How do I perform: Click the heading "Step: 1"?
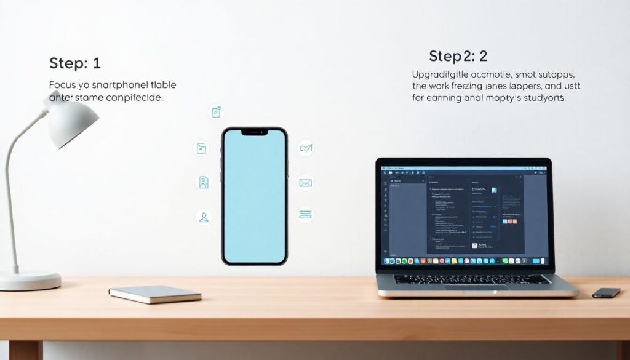click(x=74, y=63)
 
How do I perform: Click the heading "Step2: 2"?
click(x=458, y=57)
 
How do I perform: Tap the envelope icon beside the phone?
click(x=306, y=183)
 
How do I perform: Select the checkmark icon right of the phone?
click(x=306, y=148)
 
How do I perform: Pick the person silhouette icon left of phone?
click(x=204, y=217)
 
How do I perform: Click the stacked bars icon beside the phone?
click(x=306, y=214)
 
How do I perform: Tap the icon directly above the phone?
click(x=216, y=112)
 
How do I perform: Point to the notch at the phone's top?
click(x=254, y=132)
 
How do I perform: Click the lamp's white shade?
click(x=73, y=121)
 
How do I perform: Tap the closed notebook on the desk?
click(x=155, y=294)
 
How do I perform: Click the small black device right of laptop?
click(x=606, y=293)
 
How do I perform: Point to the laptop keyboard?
click(x=472, y=279)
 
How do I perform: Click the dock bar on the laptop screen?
click(x=465, y=262)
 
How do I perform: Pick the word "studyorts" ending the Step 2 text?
click(x=541, y=98)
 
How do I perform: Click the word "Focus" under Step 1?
click(x=63, y=85)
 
